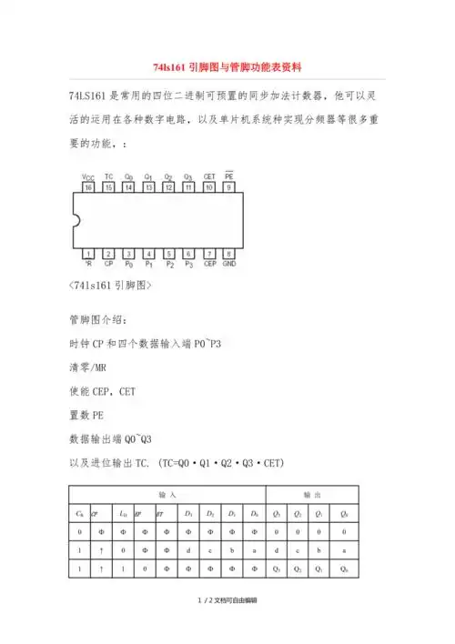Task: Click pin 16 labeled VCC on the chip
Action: click(x=88, y=187)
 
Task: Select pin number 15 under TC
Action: click(x=108, y=187)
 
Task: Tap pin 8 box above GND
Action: click(x=228, y=254)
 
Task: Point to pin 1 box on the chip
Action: click(x=88, y=254)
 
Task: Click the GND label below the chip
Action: click(x=229, y=265)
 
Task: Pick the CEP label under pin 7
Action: click(x=208, y=265)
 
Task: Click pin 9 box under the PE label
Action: click(x=228, y=187)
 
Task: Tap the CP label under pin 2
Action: click(x=108, y=265)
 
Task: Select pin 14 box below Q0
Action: click(x=128, y=187)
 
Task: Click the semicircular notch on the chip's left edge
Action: click(x=76, y=220)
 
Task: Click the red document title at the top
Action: click(x=227, y=67)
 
